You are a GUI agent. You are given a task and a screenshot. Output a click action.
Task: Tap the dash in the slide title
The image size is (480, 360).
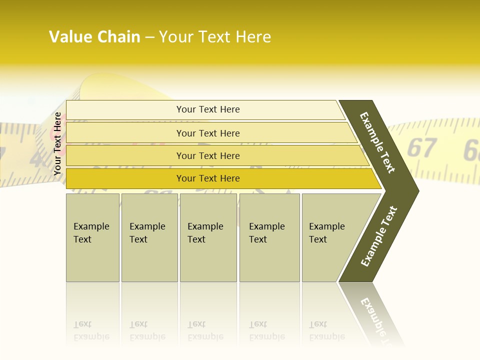tap(149, 37)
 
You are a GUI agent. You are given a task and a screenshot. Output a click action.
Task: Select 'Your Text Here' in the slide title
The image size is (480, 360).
tap(215, 37)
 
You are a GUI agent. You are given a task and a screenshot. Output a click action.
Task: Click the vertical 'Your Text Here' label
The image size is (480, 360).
tap(57, 144)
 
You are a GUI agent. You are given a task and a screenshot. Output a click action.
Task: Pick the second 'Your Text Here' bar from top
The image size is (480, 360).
tap(207, 133)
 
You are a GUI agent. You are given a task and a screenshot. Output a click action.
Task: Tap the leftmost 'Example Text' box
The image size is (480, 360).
tap(92, 237)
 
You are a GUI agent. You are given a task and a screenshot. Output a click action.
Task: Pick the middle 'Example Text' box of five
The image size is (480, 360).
tap(208, 237)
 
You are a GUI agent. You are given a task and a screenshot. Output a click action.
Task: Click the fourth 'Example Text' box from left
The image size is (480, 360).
tap(269, 237)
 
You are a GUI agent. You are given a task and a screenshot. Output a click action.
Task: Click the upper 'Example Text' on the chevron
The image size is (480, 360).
tap(377, 142)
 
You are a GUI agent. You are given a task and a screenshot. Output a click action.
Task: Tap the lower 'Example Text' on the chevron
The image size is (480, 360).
tap(378, 236)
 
